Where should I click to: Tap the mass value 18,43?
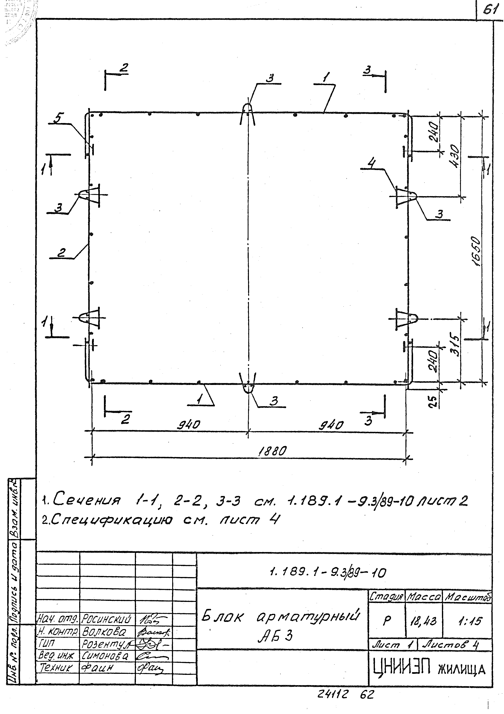(x=424, y=621)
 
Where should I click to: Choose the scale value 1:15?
(x=470, y=621)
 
